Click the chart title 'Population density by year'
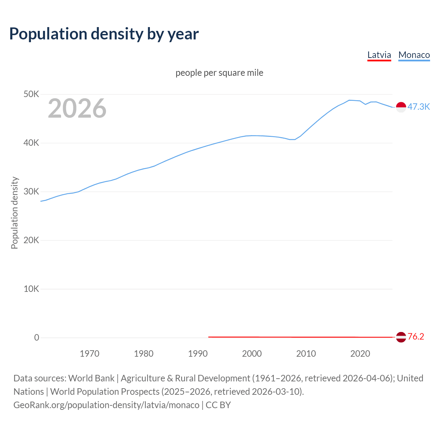[104, 34]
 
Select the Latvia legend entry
[379, 55]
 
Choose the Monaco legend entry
[414, 55]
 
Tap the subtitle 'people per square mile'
[219, 73]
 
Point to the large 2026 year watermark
[77, 108]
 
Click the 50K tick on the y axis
[31, 94]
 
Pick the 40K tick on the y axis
[31, 143]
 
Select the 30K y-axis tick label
[31, 192]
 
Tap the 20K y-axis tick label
[31, 240]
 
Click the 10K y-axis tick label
[31, 289]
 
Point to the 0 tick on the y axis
[37, 338]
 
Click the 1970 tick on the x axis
[90, 354]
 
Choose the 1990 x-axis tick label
[198, 354]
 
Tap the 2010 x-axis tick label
[306, 354]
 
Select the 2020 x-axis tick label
[360, 354]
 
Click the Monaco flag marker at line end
[401, 107]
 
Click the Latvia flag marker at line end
[401, 337]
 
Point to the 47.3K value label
[418, 107]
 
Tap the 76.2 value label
[416, 337]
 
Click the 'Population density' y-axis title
[14, 213]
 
